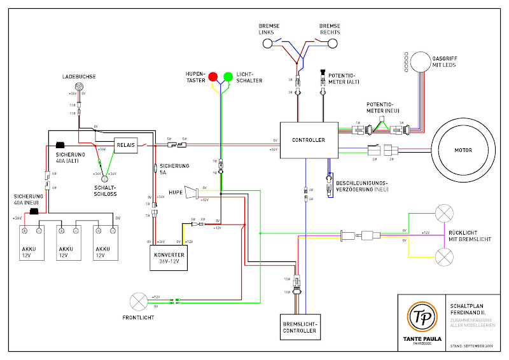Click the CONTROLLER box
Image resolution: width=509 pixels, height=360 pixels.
pos(309,140)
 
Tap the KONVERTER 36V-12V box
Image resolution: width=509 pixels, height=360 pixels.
pos(169,257)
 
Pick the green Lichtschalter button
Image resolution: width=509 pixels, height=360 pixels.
pos(227,78)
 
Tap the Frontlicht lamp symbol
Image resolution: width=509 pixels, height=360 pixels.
pos(139,301)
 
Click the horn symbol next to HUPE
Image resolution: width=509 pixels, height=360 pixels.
pos(191,193)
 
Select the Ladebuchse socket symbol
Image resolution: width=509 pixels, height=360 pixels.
pos(80,87)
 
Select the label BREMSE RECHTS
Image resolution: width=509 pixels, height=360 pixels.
pos(330,29)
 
